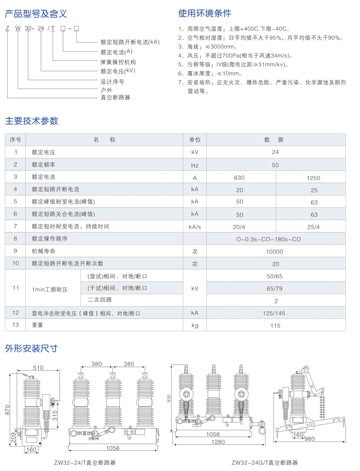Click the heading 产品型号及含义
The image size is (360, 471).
click(x=36, y=14)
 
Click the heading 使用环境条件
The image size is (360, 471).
click(x=204, y=13)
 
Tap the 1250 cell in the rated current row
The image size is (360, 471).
click(x=313, y=178)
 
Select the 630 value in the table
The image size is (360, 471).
click(x=239, y=178)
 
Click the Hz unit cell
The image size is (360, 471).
click(x=195, y=165)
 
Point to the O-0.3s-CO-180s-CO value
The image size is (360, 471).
click(x=269, y=239)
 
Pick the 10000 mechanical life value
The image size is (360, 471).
click(x=274, y=252)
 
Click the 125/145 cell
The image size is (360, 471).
click(x=274, y=313)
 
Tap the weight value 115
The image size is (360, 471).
click(x=275, y=326)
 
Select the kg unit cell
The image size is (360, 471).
click(x=195, y=326)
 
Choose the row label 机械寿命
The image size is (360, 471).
click(x=44, y=251)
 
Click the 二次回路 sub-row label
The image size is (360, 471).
click(x=100, y=300)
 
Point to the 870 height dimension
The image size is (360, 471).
click(x=8, y=410)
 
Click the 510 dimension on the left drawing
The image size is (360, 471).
click(x=38, y=368)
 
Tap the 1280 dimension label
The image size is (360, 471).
click(x=218, y=442)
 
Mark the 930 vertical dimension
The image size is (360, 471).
click(x=169, y=398)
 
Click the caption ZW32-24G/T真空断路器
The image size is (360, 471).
click(x=265, y=463)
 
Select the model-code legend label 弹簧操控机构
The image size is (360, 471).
click(x=118, y=62)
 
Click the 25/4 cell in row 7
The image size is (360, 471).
click(x=313, y=227)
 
